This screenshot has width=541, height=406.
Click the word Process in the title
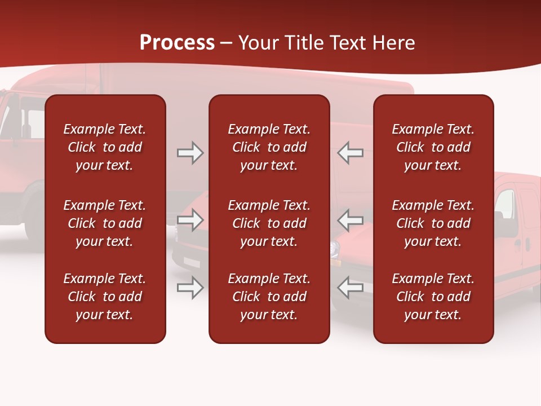[177, 43]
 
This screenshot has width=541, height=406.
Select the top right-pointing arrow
[190, 153]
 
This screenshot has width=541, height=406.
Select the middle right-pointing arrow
[190, 220]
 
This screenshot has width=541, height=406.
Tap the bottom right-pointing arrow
[190, 288]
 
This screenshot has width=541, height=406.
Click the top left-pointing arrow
[351, 153]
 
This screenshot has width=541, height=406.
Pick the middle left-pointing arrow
[351, 220]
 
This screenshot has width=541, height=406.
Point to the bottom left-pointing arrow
[351, 288]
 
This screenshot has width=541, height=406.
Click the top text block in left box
[105, 147]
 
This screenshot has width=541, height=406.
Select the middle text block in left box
[105, 223]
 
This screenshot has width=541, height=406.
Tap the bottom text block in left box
[105, 297]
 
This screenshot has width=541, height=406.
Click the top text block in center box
[269, 147]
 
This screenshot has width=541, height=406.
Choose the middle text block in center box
[269, 223]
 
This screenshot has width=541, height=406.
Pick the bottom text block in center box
[269, 297]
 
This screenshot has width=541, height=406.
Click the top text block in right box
[433, 147]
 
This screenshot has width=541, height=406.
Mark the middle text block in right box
[433, 223]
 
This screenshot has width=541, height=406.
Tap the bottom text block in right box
[433, 297]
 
